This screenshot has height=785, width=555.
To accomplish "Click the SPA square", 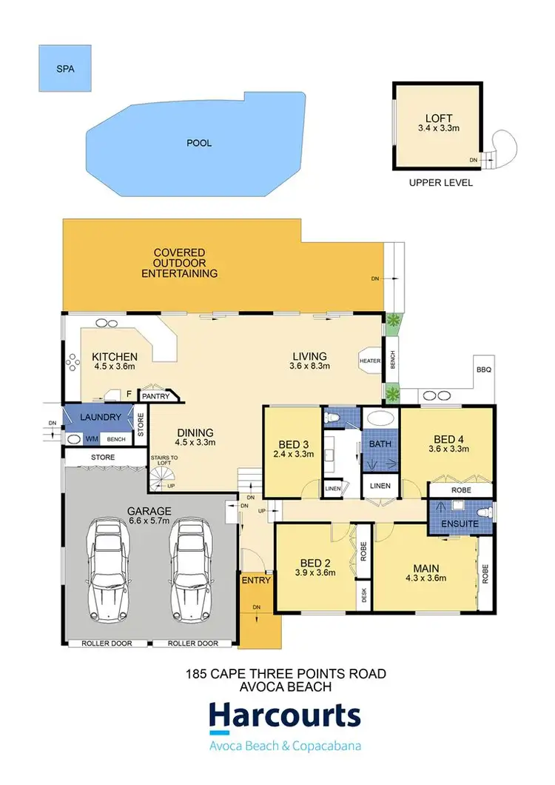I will click(66, 69).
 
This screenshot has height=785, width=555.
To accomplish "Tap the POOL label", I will click(198, 143).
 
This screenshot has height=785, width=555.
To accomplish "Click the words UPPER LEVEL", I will click(441, 183).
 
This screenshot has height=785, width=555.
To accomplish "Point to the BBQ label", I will click(484, 368).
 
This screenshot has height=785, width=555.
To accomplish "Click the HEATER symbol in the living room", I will click(369, 360).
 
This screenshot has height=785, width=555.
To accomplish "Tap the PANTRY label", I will click(156, 396).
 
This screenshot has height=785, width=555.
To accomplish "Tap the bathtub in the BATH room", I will click(381, 418).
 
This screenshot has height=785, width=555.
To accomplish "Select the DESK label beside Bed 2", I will click(363, 594).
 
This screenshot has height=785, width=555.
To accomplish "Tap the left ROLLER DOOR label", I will click(107, 644).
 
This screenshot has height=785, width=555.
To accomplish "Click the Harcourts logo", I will click(285, 717).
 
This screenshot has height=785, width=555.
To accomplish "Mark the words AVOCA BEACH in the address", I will click(285, 686).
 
